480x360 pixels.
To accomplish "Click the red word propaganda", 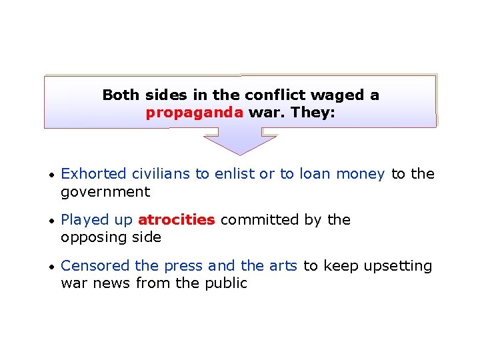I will point(195,113).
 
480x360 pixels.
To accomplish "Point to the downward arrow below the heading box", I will point(239,141).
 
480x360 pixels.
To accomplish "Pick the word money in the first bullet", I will point(361,174).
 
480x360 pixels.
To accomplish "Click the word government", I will point(105,193).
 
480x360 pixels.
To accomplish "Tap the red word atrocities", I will point(176,220).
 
